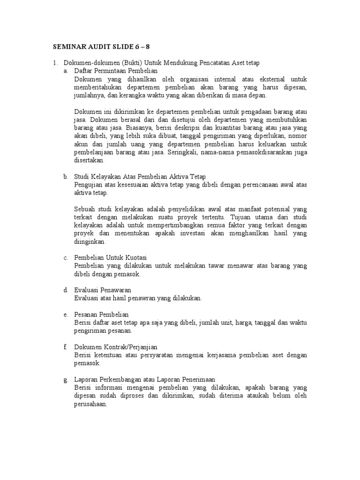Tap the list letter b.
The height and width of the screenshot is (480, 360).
[66, 177]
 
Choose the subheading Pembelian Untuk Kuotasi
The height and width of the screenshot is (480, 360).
[111, 258]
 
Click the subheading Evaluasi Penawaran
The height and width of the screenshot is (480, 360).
[103, 290]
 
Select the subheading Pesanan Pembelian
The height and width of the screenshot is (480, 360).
[101, 314]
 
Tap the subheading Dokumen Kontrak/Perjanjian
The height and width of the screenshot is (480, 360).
[115, 346]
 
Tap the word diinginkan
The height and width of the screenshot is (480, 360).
[90, 242]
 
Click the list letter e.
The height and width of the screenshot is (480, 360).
[66, 314]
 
